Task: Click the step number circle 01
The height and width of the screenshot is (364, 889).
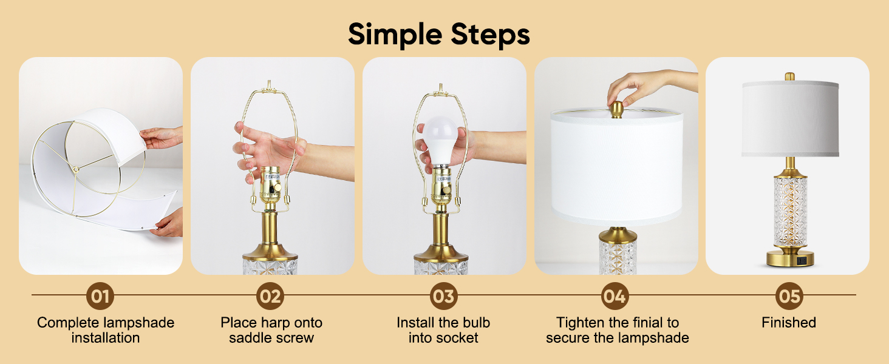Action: pos(100,296)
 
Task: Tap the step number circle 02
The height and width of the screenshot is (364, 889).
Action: pos(271,296)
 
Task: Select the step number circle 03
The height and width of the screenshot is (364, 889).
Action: pos(444,296)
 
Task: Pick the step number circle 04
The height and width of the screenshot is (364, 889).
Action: pos(615,296)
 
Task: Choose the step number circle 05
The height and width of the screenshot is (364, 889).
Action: pos(789,296)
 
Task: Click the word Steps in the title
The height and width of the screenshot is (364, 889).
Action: pos(489,35)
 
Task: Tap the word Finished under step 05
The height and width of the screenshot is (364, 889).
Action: pos(789,323)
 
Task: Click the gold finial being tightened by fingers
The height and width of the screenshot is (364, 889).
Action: pos(616,110)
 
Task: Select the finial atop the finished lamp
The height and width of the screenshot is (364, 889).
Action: pos(789,77)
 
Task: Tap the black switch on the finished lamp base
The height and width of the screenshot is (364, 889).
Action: pos(802,260)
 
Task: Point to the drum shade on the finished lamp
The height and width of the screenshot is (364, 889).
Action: pos(789,118)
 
